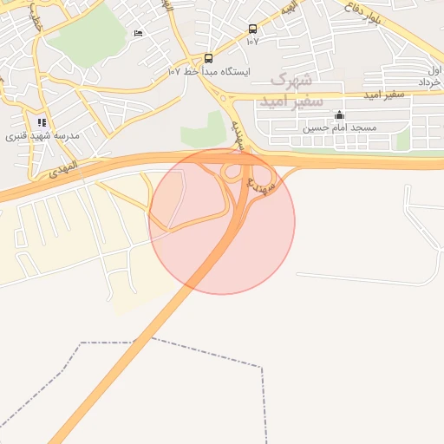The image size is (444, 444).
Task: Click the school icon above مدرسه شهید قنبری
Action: click(42, 122)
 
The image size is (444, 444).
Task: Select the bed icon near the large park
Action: click(139, 33)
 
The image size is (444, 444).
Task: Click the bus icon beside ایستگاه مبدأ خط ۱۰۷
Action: click(208, 59)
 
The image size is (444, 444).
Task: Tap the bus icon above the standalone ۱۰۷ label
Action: click(252, 29)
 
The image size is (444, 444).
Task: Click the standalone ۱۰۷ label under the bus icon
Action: click(252, 41)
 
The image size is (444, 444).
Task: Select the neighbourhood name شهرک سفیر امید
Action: click(291, 90)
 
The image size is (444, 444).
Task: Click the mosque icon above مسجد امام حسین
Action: click(339, 115)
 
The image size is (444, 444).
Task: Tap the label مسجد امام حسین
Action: click(339, 127)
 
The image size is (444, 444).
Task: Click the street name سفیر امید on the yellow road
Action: click(382, 92)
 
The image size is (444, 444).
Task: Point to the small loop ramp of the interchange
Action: click(232, 173)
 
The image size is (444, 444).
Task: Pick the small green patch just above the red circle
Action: click(201, 132)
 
